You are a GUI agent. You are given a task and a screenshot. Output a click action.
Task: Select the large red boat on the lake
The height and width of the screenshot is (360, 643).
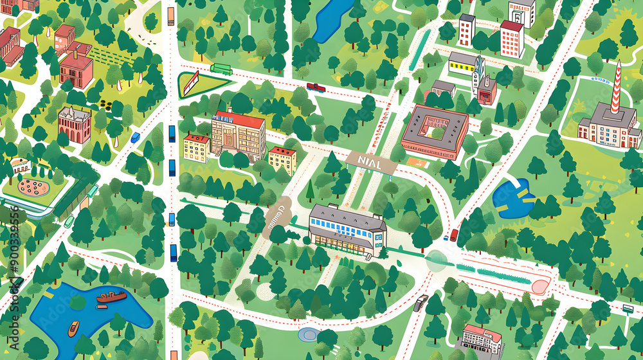pyautogui.click(x=111, y=296)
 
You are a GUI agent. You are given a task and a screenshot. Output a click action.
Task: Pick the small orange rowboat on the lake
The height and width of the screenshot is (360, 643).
pyautogui.click(x=74, y=328)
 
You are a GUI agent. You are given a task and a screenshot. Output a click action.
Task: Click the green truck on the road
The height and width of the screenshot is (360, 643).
pyautogui.click(x=221, y=69)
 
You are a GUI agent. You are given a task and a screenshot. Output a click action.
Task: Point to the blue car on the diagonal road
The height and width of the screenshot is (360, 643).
pyautogui.click(x=135, y=137)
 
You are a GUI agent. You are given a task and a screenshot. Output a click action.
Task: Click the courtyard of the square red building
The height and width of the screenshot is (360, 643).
pyautogui.click(x=435, y=129)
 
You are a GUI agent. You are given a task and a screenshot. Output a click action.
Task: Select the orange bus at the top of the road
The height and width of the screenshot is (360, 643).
pyautogui.click(x=170, y=16)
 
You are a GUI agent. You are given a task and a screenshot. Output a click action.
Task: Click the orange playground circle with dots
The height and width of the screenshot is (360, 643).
pyautogui.click(x=32, y=187)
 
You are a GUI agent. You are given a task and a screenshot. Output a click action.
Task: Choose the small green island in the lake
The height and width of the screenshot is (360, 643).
pyautogui.click(x=77, y=302)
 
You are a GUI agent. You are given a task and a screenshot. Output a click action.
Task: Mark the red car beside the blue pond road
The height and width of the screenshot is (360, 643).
pyautogui.click(x=454, y=235)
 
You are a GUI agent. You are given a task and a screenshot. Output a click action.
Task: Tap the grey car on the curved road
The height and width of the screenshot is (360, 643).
pyautogui.click(x=420, y=303)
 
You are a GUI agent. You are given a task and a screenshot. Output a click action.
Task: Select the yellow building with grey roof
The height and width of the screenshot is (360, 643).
pyautogui.click(x=463, y=63)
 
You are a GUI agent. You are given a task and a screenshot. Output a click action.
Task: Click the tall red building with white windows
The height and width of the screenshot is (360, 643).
pyautogui.click(x=512, y=39)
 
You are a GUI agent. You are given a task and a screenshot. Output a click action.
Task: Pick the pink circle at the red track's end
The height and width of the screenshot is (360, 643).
pyautogui.click(x=540, y=287)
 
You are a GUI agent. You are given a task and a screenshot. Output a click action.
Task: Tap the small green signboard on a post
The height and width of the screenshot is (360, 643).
pyautogui.click(x=628, y=309)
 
